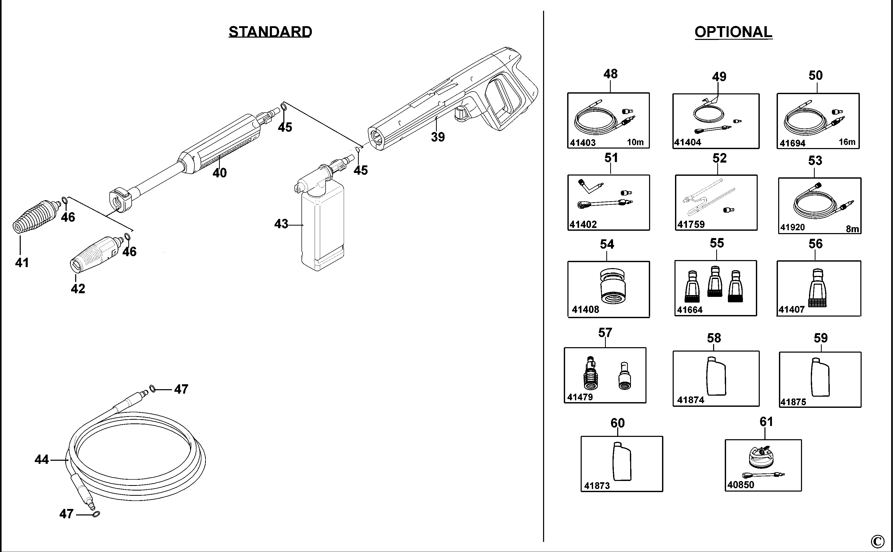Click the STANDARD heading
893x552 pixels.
click(x=270, y=32)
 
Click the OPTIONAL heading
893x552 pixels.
click(x=733, y=32)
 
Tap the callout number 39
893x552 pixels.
click(x=438, y=137)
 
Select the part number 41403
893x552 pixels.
click(x=583, y=143)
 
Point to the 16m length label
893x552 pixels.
click(x=847, y=142)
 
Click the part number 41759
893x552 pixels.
click(x=691, y=224)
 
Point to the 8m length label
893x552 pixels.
click(x=852, y=229)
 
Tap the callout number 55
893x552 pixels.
click(x=717, y=243)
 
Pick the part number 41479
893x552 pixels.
click(x=580, y=397)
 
